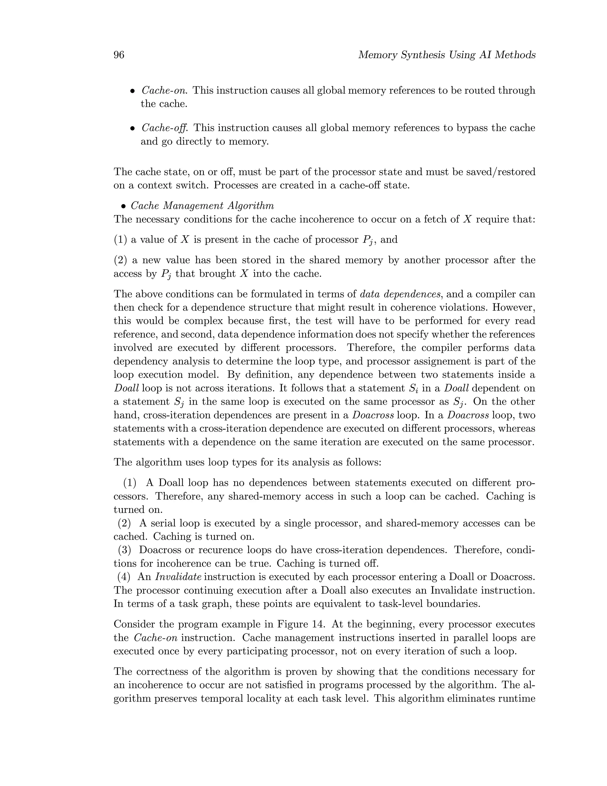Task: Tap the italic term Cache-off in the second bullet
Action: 165,128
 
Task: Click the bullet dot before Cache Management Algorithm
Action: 123,206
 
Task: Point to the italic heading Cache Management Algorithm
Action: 202,206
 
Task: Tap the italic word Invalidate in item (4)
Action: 178,577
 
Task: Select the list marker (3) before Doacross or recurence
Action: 124,550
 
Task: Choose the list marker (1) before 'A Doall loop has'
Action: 130,483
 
